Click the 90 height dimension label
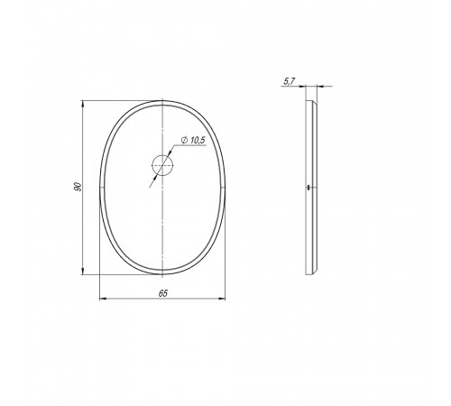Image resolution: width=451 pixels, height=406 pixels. click(x=78, y=187)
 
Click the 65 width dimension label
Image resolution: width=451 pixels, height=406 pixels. click(x=163, y=293)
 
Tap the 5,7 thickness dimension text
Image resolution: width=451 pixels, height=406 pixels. click(x=290, y=81)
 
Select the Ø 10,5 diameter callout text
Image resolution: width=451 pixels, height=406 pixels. click(x=193, y=140)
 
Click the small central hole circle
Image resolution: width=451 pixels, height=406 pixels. click(x=162, y=165)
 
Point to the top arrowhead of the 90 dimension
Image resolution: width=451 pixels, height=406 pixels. click(x=82, y=105)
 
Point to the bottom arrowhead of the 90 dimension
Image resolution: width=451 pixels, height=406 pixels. click(x=82, y=271)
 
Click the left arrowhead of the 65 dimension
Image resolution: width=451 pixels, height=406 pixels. click(x=103, y=299)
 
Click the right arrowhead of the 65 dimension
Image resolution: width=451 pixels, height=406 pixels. click(x=222, y=299)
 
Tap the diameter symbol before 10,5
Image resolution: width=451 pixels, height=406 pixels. click(x=185, y=140)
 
